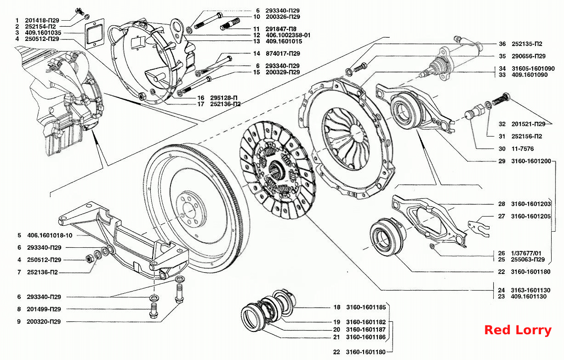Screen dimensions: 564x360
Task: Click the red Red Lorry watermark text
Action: pos(518,330)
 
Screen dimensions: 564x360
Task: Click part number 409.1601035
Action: pos(43,33)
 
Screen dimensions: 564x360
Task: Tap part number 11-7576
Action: pos(523,149)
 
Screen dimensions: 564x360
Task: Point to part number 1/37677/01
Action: pos(526,253)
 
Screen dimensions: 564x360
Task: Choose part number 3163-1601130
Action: pos(530,290)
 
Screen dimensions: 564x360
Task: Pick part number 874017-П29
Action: pos(283,53)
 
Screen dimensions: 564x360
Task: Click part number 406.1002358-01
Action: pos(288,35)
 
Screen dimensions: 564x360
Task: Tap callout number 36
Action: pos(502,44)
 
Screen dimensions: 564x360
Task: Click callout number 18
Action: pos(337,307)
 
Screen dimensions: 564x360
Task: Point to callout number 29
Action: pos(502,161)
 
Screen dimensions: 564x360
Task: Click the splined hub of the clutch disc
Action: pos(277,170)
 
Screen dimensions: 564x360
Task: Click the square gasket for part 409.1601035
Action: pos(94,34)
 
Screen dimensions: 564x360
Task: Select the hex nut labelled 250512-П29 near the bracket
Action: pos(89,258)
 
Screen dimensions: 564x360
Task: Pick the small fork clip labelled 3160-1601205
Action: pos(479,228)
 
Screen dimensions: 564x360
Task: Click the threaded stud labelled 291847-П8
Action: pos(230,24)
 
